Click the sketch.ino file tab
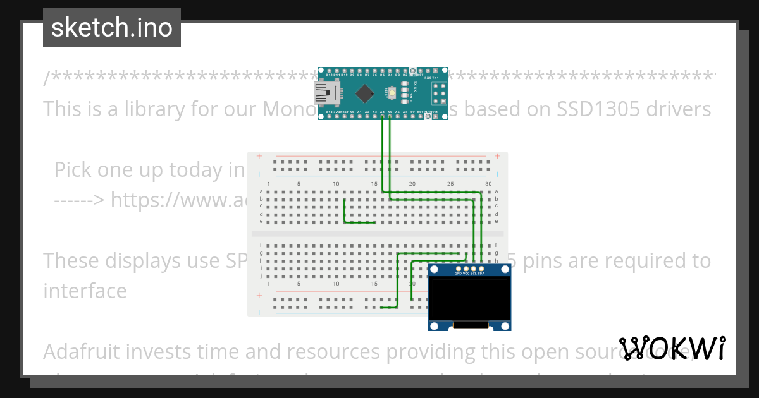[x=112, y=28]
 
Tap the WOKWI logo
[x=672, y=348]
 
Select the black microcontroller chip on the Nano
[x=365, y=93]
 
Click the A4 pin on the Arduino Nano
[x=382, y=116]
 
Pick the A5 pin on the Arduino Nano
[x=390, y=116]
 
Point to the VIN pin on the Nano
[x=435, y=116]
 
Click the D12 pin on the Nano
[x=329, y=70]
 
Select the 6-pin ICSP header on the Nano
[x=438, y=93]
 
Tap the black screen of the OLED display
[x=469, y=299]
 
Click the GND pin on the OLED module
[x=458, y=269]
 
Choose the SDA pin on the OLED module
[x=481, y=269]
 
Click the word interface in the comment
[x=85, y=291]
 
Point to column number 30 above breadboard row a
[x=488, y=184]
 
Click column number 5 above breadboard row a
[x=299, y=184]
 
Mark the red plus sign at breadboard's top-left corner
[x=259, y=156]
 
